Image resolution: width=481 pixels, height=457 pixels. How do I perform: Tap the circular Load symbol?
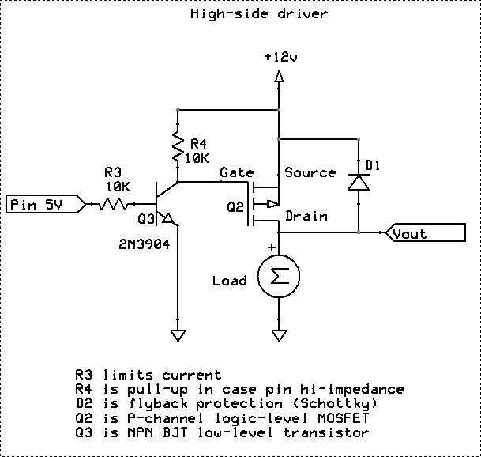[x=277, y=277]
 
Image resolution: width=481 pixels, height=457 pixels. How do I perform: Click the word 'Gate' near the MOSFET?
[x=236, y=172]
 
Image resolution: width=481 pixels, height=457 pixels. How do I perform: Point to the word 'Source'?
[x=310, y=172]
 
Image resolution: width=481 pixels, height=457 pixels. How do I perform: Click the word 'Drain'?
[x=306, y=215]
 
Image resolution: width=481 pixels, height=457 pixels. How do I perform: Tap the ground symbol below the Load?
[x=277, y=327]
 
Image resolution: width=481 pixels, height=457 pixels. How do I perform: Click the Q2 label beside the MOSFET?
[x=235, y=207]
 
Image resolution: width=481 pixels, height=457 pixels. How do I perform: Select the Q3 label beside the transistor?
[x=148, y=218]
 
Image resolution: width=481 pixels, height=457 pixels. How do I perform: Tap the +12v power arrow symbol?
[x=277, y=77]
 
